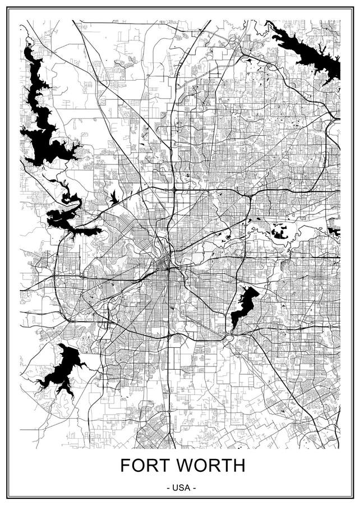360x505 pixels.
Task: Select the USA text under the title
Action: pyautogui.click(x=181, y=488)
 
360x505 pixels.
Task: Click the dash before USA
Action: pyautogui.click(x=168, y=488)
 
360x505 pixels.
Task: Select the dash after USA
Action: pyautogui.click(x=194, y=488)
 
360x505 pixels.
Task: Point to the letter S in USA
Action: pyautogui.click(x=181, y=488)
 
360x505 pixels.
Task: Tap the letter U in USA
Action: pyautogui.click(x=175, y=488)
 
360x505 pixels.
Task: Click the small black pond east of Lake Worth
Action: pyautogui.click(x=114, y=198)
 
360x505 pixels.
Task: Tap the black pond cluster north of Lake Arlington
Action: pyautogui.click(x=279, y=231)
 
